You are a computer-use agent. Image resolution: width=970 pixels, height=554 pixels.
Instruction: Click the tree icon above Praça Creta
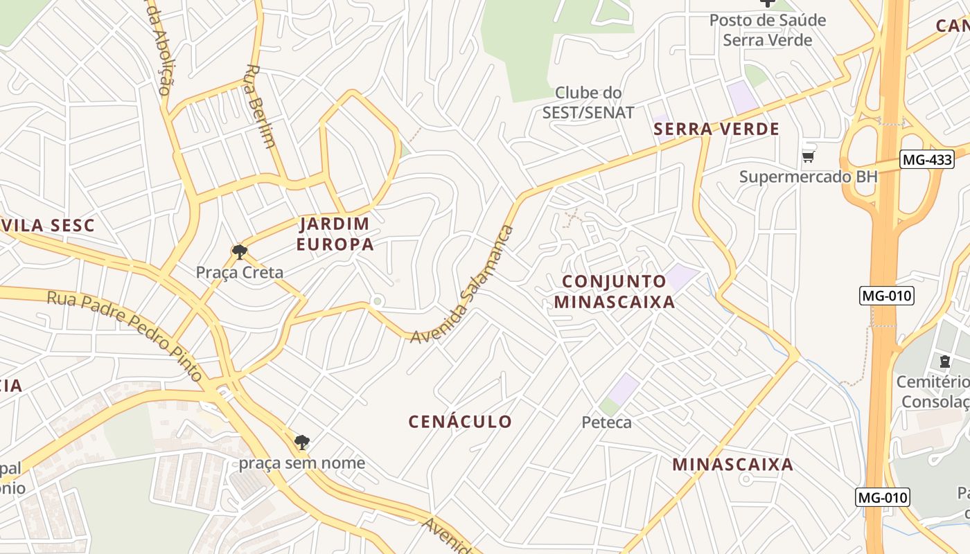click(x=240, y=251)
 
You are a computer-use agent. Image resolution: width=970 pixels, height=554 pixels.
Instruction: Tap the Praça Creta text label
click(x=240, y=272)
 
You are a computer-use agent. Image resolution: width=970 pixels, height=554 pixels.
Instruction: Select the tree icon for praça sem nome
click(x=301, y=442)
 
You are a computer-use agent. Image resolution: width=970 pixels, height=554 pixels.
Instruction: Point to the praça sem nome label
click(x=302, y=463)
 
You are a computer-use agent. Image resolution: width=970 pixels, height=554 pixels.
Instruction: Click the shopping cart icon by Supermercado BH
click(x=808, y=157)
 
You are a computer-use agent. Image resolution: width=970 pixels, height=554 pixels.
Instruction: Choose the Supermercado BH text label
click(x=808, y=176)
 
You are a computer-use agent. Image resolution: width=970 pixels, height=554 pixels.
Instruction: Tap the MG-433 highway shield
click(x=927, y=159)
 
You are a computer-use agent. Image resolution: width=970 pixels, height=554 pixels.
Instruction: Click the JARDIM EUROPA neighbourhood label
click(x=335, y=233)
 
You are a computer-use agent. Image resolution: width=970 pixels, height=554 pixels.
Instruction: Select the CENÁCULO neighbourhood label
click(x=460, y=421)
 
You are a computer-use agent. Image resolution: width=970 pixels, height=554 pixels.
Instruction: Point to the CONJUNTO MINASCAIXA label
click(x=615, y=292)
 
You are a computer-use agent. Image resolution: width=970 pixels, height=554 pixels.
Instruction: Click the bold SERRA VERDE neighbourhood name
click(x=716, y=129)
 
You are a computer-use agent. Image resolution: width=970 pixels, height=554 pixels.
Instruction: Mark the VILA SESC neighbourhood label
click(x=48, y=225)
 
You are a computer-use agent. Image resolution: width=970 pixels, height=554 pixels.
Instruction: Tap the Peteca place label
click(x=606, y=422)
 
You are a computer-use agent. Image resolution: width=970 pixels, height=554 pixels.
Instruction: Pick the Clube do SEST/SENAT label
click(x=588, y=102)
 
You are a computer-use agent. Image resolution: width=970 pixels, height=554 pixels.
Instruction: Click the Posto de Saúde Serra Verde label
click(x=768, y=30)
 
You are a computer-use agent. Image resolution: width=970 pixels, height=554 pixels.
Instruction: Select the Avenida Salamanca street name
click(x=462, y=284)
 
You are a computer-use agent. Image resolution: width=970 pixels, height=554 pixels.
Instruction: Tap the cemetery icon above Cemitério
click(x=945, y=361)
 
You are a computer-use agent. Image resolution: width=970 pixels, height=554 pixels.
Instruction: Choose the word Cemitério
click(x=933, y=382)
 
